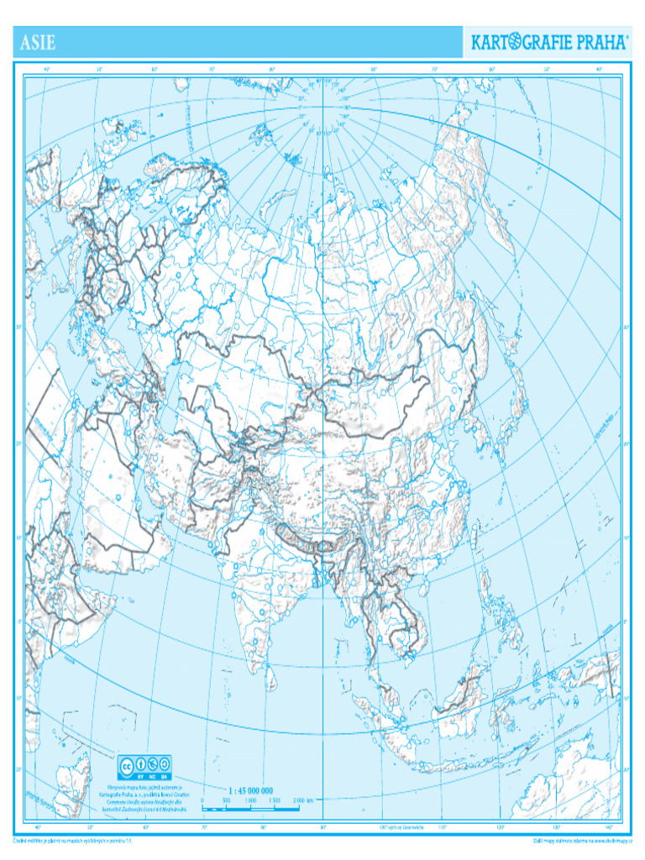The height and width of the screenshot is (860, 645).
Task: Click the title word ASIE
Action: pos(38,42)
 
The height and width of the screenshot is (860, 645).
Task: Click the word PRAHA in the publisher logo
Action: pos(597,43)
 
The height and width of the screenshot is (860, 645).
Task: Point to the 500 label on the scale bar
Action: pos(226,801)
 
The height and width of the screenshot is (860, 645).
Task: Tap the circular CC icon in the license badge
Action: pos(128,765)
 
